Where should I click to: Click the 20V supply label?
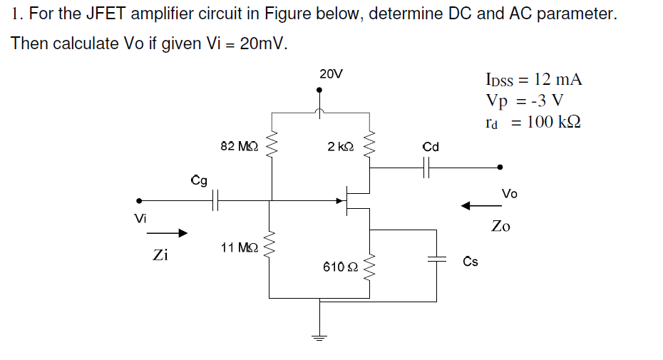(x=331, y=73)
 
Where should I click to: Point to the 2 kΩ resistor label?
(x=340, y=146)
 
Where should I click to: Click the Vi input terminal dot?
(x=140, y=201)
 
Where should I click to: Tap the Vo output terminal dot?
(x=500, y=168)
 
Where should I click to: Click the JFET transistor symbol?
(x=353, y=200)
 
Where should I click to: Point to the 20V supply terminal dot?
(x=320, y=91)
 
